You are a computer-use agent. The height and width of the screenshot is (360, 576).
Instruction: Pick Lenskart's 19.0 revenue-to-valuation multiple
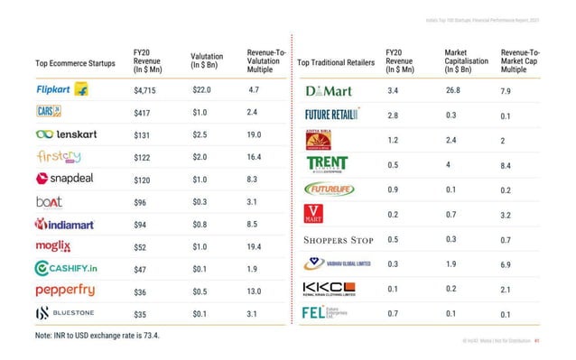pyautogui.click(x=255, y=135)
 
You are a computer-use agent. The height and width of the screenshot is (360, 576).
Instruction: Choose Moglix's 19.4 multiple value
pyautogui.click(x=255, y=246)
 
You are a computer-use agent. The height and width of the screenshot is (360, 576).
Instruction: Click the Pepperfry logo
pyautogui.click(x=64, y=291)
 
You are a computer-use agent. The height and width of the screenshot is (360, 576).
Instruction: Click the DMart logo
pyautogui.click(x=329, y=92)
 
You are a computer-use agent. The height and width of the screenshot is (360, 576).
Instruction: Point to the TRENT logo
pyautogui.click(x=326, y=164)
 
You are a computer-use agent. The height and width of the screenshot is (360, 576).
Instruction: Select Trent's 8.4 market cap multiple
pyautogui.click(x=506, y=166)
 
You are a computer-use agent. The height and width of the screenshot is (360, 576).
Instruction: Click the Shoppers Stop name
pyautogui.click(x=339, y=240)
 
